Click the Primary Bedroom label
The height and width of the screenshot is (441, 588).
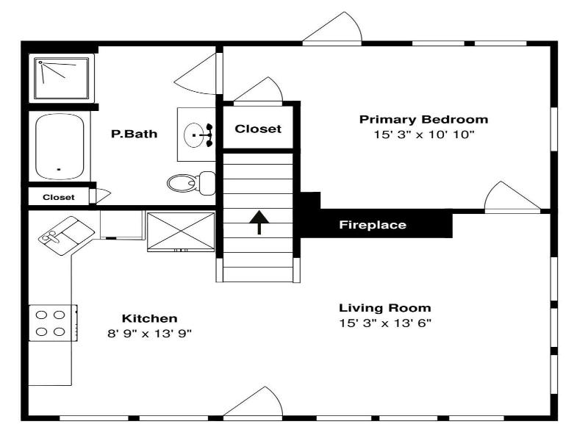pyautogui.click(x=424, y=120)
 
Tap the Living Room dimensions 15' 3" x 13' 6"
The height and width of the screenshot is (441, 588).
pyautogui.click(x=385, y=323)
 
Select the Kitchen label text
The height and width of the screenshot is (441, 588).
pyautogui.click(x=150, y=318)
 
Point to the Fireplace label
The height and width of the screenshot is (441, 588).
pyautogui.click(x=373, y=225)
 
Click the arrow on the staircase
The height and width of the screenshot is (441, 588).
pyautogui.click(x=259, y=222)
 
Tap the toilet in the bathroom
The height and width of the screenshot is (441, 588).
pyautogui.click(x=191, y=183)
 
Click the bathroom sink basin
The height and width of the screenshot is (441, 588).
pyautogui.click(x=194, y=135)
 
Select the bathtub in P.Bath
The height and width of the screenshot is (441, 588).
pyautogui.click(x=60, y=146)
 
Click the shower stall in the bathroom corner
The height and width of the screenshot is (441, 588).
pyautogui.click(x=62, y=78)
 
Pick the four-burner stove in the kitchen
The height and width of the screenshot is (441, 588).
pyautogui.click(x=53, y=323)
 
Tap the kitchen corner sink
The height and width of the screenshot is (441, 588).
pyautogui.click(x=66, y=235)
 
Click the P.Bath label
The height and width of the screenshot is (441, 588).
pyautogui.click(x=135, y=134)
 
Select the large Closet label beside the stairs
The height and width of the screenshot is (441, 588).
pyautogui.click(x=258, y=129)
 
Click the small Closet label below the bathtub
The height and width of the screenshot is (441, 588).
pyautogui.click(x=59, y=197)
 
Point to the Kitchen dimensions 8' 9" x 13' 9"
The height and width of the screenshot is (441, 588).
pyautogui.click(x=150, y=334)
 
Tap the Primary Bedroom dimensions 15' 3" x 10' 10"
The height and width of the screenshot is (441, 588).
pyautogui.click(x=424, y=135)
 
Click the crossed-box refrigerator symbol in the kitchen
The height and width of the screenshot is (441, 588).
pyautogui.click(x=181, y=232)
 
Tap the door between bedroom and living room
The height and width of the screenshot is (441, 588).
pyautogui.click(x=512, y=197)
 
